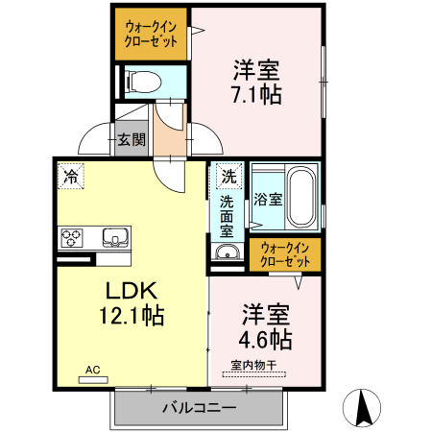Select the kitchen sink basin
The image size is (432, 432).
[x=112, y=236]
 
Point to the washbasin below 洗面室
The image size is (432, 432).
[x=228, y=252]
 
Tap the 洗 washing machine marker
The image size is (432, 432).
[x=228, y=177]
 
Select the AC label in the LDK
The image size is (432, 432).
[x=93, y=369]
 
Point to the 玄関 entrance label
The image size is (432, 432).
[x=132, y=139]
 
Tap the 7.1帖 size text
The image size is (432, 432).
[x=255, y=95]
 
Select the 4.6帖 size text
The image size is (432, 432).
[x=265, y=338]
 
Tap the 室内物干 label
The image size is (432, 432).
[x=255, y=364]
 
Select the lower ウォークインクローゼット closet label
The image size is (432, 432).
[x=285, y=253]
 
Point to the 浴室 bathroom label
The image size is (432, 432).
[x=268, y=200]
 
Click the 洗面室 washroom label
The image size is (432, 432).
[x=228, y=215]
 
